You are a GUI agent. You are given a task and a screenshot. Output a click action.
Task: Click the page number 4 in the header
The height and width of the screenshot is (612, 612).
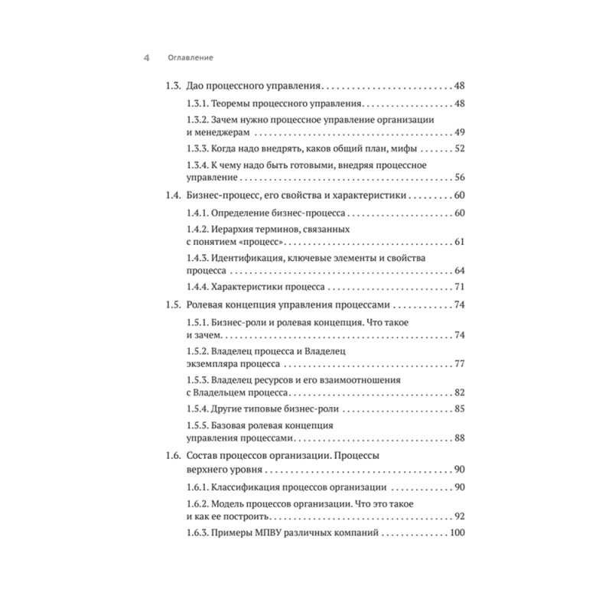(x=146, y=57)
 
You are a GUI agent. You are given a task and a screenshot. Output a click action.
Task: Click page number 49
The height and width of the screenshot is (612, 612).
(x=460, y=132)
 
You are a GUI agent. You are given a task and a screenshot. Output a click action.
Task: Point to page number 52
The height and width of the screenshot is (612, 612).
(x=460, y=150)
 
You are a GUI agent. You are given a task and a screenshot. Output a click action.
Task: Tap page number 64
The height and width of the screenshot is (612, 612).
(x=460, y=271)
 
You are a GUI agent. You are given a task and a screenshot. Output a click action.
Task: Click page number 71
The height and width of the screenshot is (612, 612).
(x=460, y=288)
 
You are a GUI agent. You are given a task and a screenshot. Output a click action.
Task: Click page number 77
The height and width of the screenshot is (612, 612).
(x=460, y=363)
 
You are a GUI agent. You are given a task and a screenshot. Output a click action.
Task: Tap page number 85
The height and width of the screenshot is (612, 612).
(x=460, y=409)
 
